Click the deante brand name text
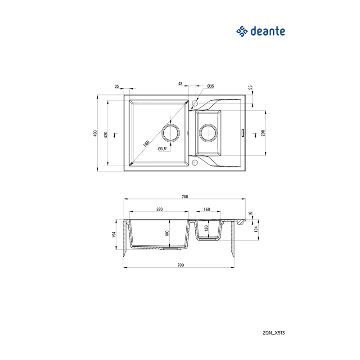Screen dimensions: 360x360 (268, 31)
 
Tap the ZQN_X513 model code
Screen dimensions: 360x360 (274, 333)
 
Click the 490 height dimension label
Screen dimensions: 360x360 (95, 133)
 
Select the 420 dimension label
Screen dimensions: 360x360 (106, 135)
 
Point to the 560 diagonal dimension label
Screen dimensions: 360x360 (146, 144)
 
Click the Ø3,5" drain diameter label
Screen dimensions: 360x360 (163, 149)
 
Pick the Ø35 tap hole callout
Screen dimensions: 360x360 (211, 86)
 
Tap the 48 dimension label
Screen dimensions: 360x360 (180, 84)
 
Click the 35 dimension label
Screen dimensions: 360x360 (117, 86)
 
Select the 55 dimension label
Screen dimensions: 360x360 (250, 87)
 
